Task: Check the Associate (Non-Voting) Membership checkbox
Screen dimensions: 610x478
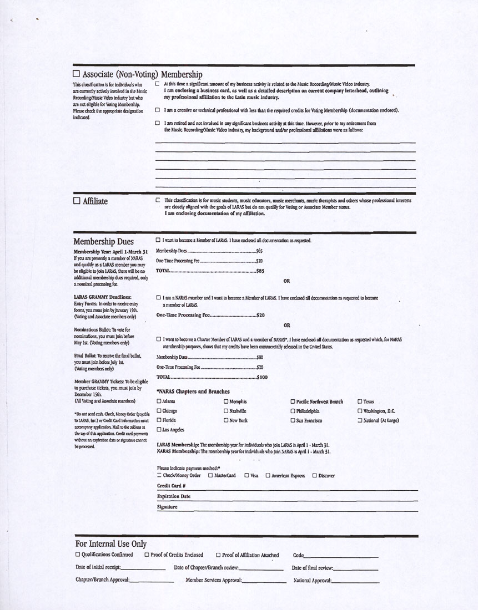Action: click(77, 74)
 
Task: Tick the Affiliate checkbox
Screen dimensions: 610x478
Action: click(77, 201)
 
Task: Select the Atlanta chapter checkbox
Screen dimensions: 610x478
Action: click(159, 401)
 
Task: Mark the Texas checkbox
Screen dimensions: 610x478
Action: click(360, 401)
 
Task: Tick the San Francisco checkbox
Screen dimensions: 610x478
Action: click(293, 420)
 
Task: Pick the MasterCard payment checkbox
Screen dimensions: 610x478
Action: click(210, 475)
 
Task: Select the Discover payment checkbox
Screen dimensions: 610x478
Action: click(315, 475)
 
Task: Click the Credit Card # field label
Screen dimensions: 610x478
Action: click(171, 486)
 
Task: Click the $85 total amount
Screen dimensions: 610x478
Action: click(260, 271)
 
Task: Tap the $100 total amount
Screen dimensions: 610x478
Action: click(262, 377)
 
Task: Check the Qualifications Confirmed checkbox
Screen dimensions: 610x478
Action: click(78, 555)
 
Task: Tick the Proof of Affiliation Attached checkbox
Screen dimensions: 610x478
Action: click(218, 555)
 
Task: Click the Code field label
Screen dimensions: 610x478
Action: click(298, 555)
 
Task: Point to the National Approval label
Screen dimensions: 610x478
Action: click(312, 580)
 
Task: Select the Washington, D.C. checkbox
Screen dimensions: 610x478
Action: click(360, 411)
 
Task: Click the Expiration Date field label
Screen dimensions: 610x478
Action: click(174, 496)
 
